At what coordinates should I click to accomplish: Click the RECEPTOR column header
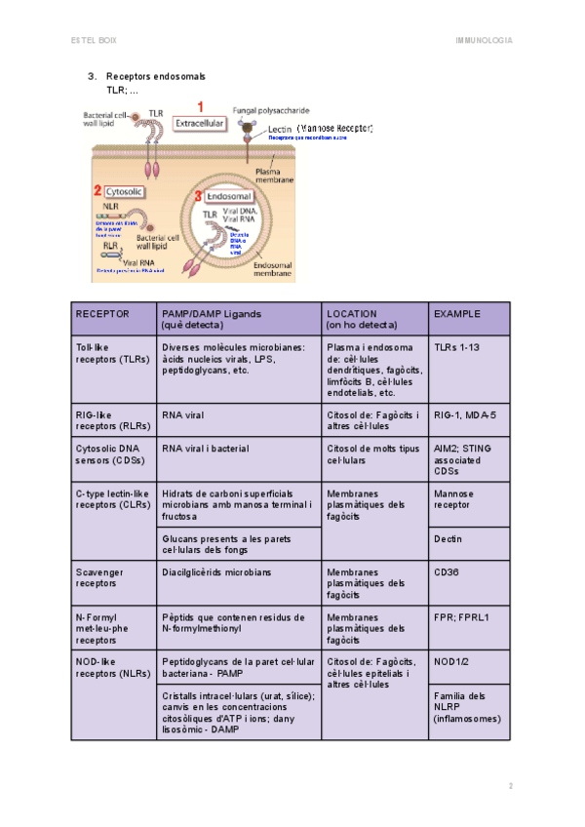click(x=102, y=314)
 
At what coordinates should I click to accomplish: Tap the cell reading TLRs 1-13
click(x=456, y=346)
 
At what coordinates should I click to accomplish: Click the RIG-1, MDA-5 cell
click(x=465, y=414)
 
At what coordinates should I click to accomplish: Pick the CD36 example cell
click(x=448, y=572)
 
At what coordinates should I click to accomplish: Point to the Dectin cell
click(x=448, y=538)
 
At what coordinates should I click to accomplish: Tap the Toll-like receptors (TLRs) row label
click(x=108, y=352)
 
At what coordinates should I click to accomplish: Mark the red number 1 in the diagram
click(x=201, y=106)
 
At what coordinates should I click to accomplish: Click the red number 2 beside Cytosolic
click(x=97, y=192)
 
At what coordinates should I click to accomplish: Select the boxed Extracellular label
click(x=199, y=124)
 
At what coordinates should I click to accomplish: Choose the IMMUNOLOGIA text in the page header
click(x=484, y=41)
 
